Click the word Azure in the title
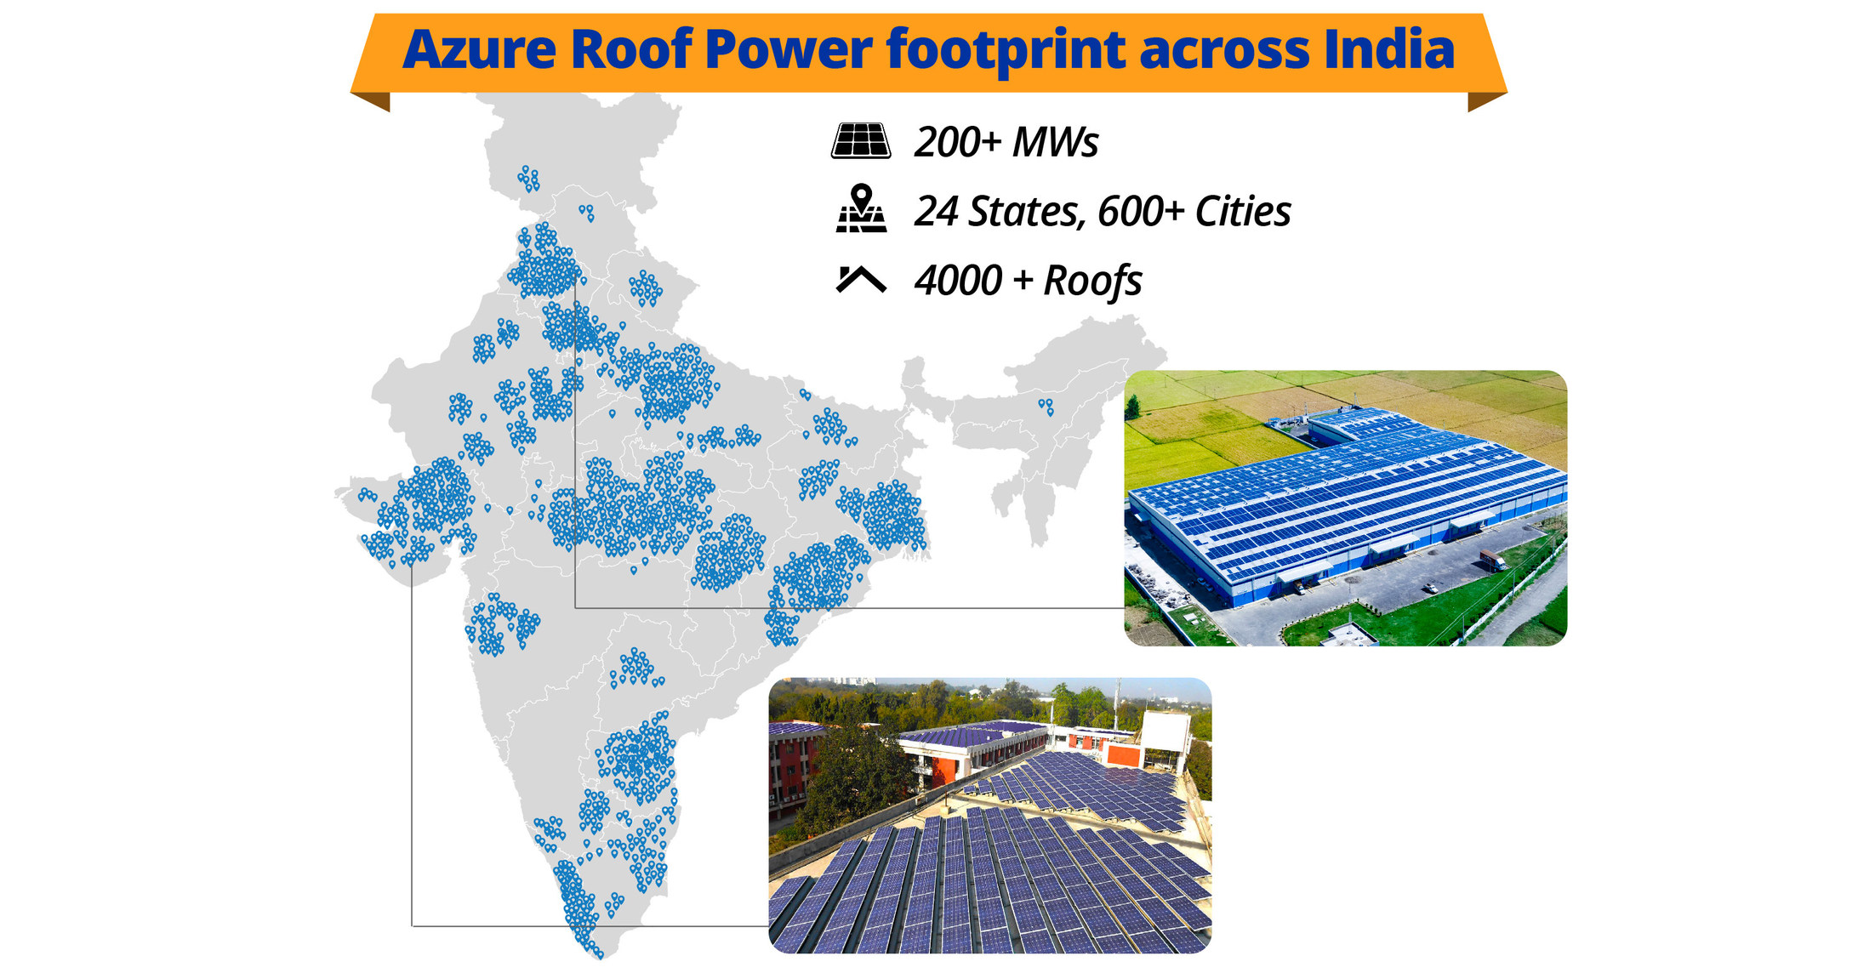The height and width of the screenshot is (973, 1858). [479, 49]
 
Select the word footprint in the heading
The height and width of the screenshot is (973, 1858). [1006, 51]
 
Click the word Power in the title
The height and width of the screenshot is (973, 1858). [788, 49]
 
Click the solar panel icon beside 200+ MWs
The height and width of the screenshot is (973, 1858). [861, 141]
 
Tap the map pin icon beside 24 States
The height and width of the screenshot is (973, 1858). [862, 208]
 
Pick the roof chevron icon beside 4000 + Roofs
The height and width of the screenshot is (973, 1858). [861, 279]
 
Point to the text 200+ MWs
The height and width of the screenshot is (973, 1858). [1006, 142]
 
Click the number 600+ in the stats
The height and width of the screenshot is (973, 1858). [1141, 211]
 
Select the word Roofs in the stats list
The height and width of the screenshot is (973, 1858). [1092, 282]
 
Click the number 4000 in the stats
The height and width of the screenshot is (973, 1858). [958, 281]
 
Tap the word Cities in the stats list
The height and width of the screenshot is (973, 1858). [1243, 211]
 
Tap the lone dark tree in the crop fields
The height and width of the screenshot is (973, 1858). [1132, 407]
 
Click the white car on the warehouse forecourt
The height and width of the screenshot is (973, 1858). [1432, 588]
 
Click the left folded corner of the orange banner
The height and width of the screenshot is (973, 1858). [372, 101]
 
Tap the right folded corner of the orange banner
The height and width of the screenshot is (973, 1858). [1486, 101]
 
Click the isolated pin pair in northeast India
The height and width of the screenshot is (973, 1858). [1046, 407]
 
